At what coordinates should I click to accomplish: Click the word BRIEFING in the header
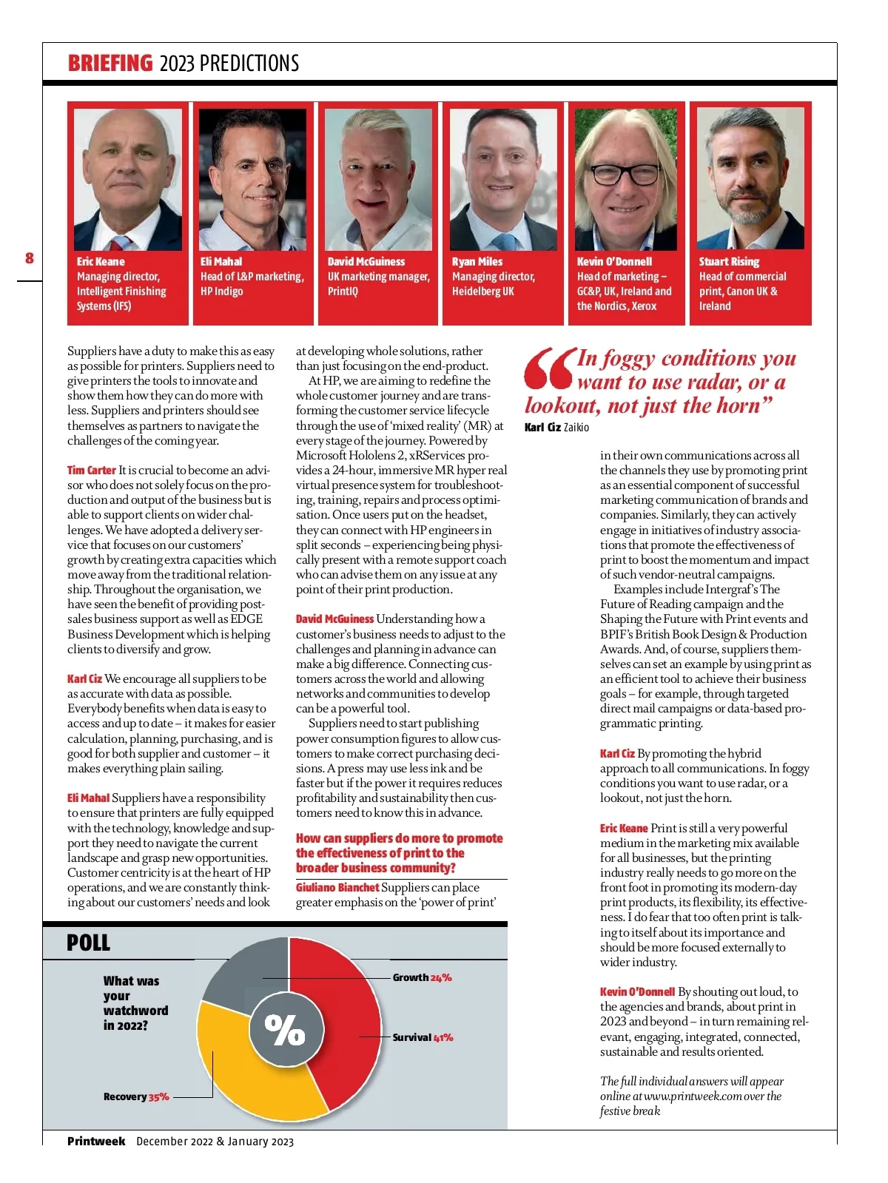[110, 64]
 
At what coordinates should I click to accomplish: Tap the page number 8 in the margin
[30, 258]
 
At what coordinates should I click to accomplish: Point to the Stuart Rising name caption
[729, 262]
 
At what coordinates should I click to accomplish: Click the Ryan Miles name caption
[477, 262]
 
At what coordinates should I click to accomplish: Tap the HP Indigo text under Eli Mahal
[222, 291]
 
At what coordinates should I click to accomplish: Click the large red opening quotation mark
[548, 368]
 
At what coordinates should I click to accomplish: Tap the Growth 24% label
[422, 978]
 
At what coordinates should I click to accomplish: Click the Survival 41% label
[423, 1038]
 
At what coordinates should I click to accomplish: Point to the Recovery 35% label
[136, 1097]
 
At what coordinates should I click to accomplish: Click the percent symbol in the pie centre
[285, 1030]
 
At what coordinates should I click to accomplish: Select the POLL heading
[88, 943]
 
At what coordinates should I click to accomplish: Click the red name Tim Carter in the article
[92, 471]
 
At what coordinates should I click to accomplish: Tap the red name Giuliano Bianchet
[337, 888]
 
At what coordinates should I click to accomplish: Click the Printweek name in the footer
[96, 1142]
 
